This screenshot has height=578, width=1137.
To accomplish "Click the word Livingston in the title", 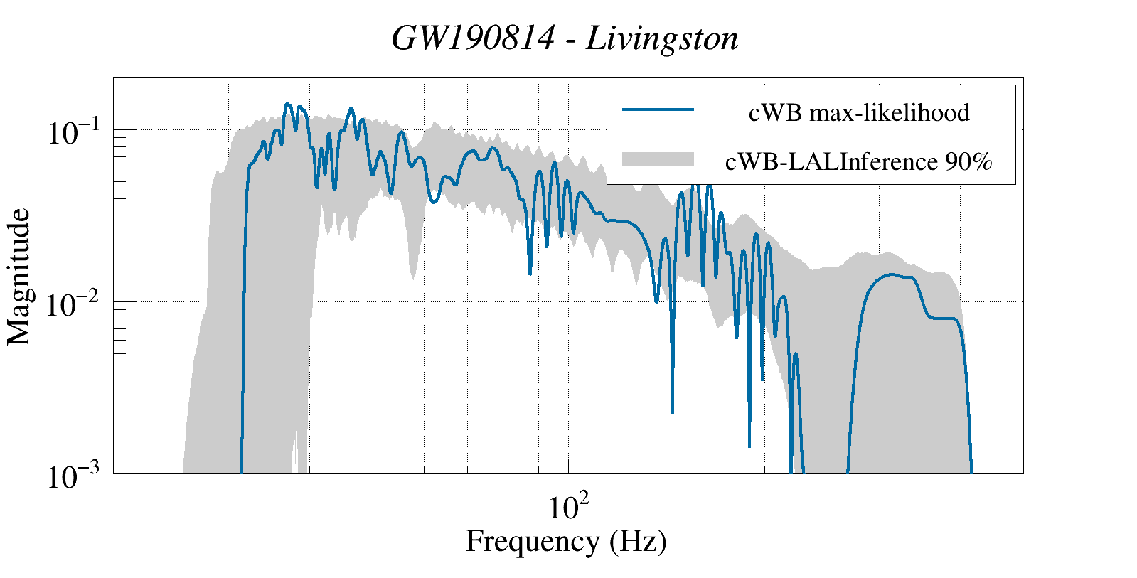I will (662, 38).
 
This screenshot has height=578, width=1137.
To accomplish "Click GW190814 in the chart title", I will (473, 38).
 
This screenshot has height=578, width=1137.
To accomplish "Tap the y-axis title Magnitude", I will (19, 277).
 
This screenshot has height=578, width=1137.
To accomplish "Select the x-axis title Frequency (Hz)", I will (566, 541).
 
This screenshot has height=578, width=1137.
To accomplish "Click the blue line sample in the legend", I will (658, 110).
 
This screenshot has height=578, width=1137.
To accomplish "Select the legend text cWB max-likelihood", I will (859, 112).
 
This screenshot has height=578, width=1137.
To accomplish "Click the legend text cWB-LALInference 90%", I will (858, 162).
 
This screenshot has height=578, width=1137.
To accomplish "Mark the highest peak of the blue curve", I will (287, 105).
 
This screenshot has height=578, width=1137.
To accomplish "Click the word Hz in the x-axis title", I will (636, 541).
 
